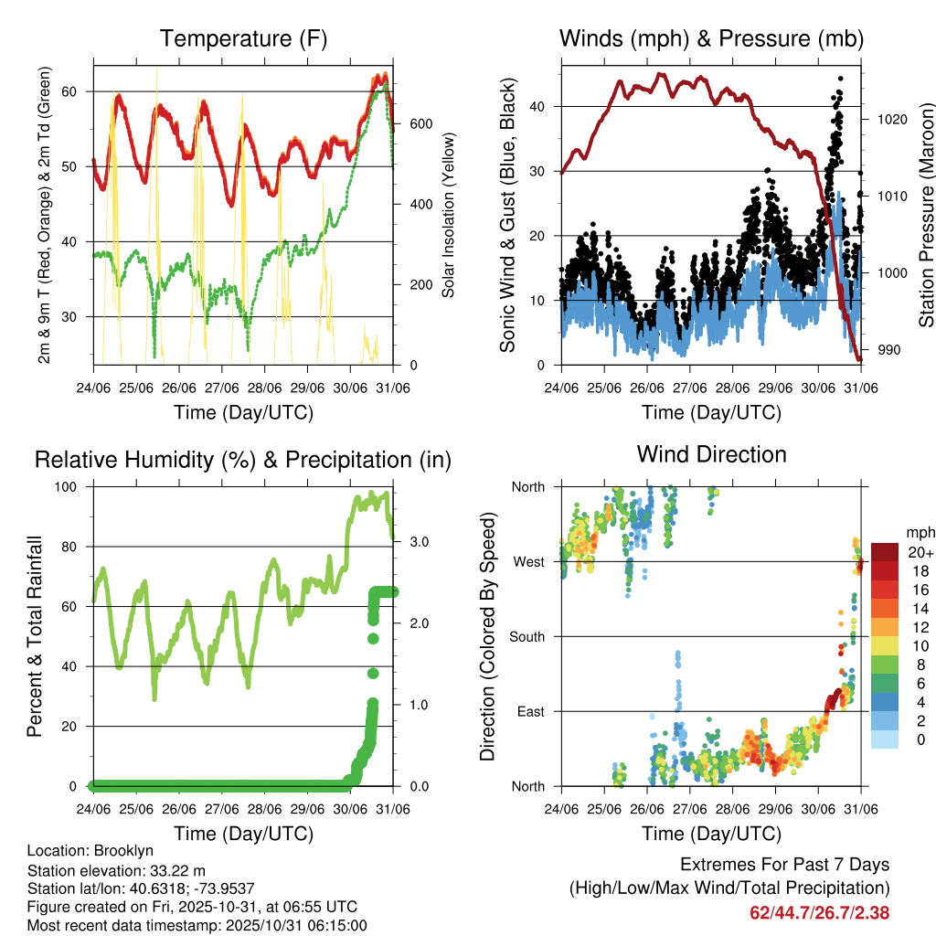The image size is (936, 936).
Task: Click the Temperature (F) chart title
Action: pos(243,38)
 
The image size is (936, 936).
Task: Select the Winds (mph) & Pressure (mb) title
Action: pos(711,38)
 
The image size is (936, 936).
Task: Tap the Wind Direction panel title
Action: pos(711,453)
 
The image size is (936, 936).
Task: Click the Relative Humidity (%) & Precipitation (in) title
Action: pos(243,460)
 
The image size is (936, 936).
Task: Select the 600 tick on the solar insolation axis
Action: pos(420,123)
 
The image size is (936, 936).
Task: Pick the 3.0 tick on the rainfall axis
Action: pos(419,542)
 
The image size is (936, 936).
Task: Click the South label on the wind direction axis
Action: pos(526,636)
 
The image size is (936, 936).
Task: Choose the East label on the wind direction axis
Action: pos(529,711)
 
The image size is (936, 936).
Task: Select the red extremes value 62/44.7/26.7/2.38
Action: pos(819,912)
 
